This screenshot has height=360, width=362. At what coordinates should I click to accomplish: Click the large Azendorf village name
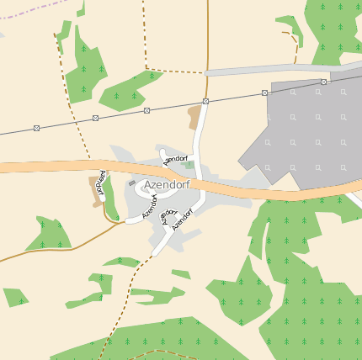pyautogui.click(x=167, y=184)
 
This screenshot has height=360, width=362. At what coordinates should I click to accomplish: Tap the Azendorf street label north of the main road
pyautogui.click(x=176, y=158)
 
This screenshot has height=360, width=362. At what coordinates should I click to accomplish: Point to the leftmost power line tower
pyautogui.click(x=36, y=128)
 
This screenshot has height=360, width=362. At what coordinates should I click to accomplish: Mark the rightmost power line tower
pyautogui.click(x=323, y=82)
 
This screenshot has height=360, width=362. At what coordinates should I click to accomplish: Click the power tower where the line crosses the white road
pyautogui.click(x=205, y=101)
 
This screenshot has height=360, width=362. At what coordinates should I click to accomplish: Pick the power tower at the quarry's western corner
pyautogui.click(x=264, y=92)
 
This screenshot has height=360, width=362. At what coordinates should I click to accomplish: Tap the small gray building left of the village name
pyautogui.click(x=131, y=183)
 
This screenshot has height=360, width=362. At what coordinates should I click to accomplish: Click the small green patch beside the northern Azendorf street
pyautogui.click(x=189, y=165)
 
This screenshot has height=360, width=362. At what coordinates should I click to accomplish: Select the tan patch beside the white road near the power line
pyautogui.click(x=195, y=116)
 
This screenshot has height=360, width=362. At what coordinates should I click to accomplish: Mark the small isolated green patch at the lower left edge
pyautogui.click(x=14, y=297)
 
